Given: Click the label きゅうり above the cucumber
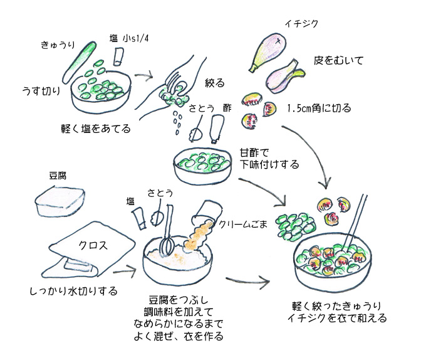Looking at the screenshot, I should (58, 45).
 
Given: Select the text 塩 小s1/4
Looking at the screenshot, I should (131, 40).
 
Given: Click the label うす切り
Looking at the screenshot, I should (41, 92).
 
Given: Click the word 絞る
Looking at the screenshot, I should (214, 82).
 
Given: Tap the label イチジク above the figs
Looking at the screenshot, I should (302, 24).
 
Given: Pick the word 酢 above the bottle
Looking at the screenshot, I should (227, 107).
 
